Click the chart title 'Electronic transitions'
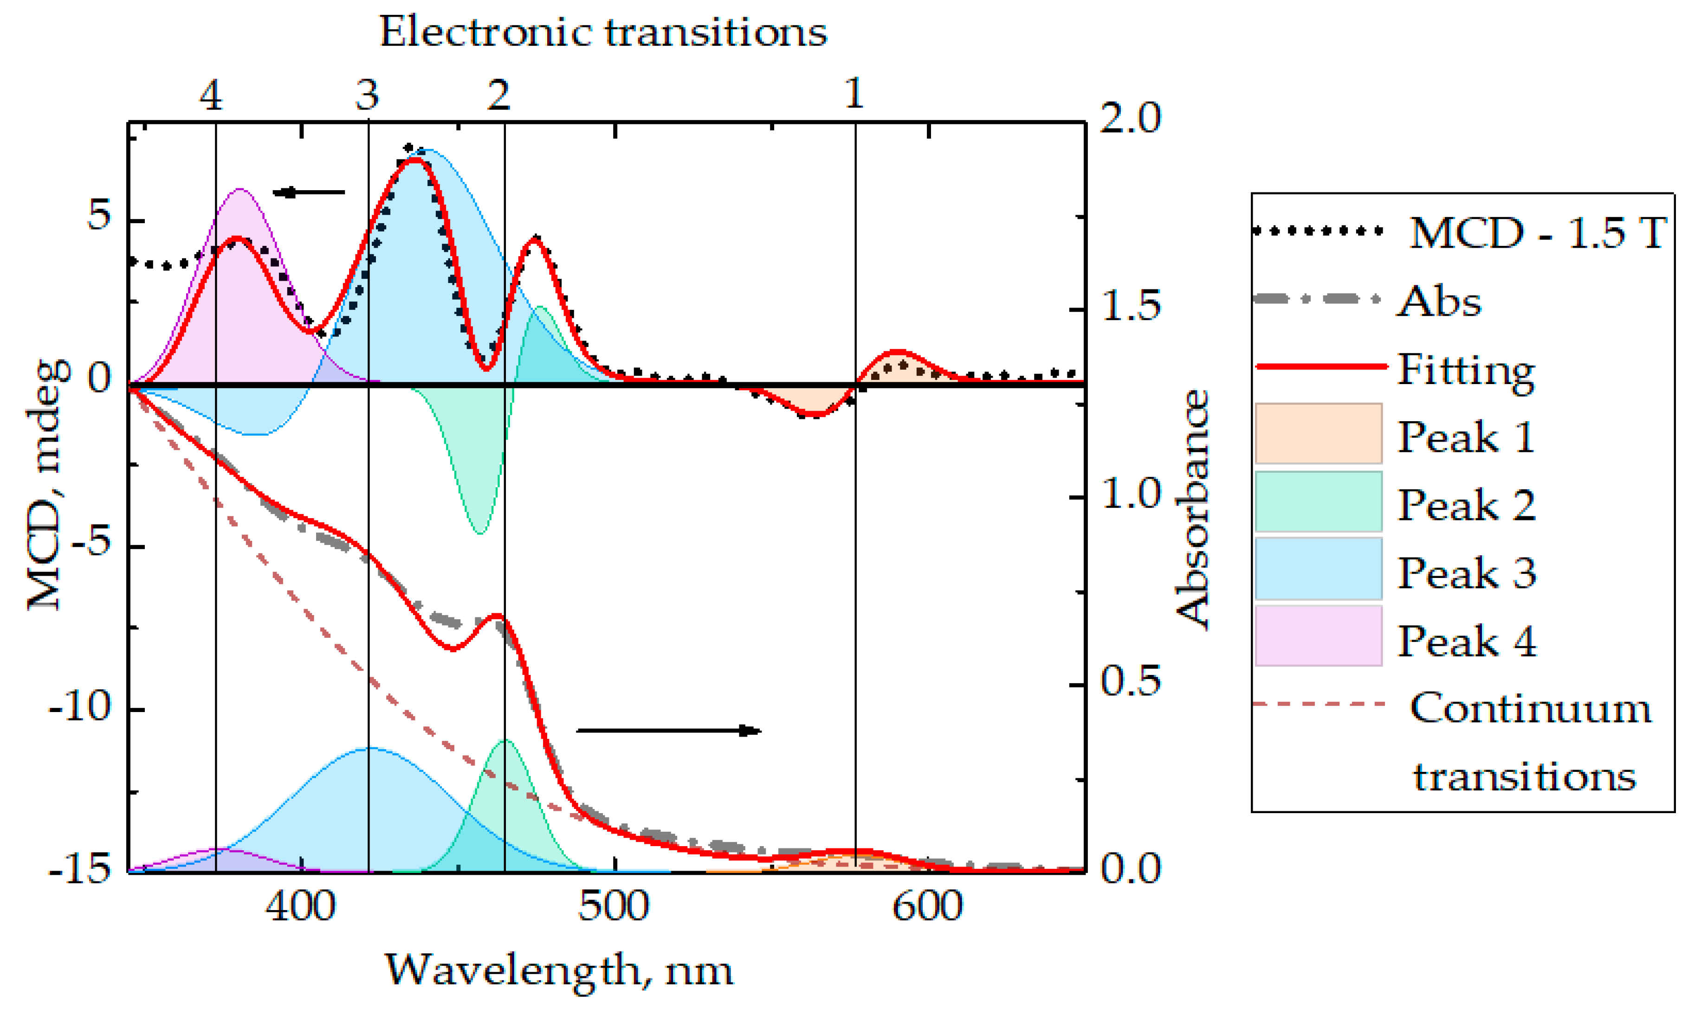602,32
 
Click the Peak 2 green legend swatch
1318,501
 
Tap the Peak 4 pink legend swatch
1318,635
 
